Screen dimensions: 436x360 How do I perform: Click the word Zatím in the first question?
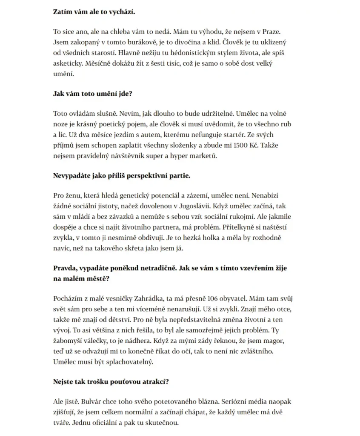pyautogui.click(x=63, y=11)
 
